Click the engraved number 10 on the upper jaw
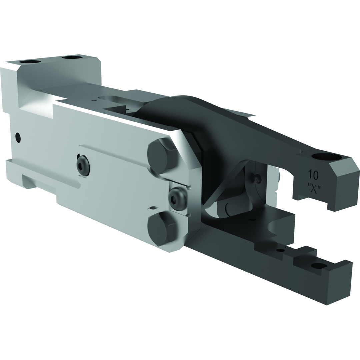tap(313, 175)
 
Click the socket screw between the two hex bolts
tap(177, 199)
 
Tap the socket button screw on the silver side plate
tap(83, 166)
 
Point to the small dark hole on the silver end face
tap(18, 137)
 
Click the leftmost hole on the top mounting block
tap(30, 62)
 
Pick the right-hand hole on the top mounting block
tap(72, 58)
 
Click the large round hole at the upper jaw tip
tap(326, 157)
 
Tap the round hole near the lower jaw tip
tap(319, 266)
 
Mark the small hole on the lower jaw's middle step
tap(281, 250)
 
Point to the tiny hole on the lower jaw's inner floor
tap(253, 220)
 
